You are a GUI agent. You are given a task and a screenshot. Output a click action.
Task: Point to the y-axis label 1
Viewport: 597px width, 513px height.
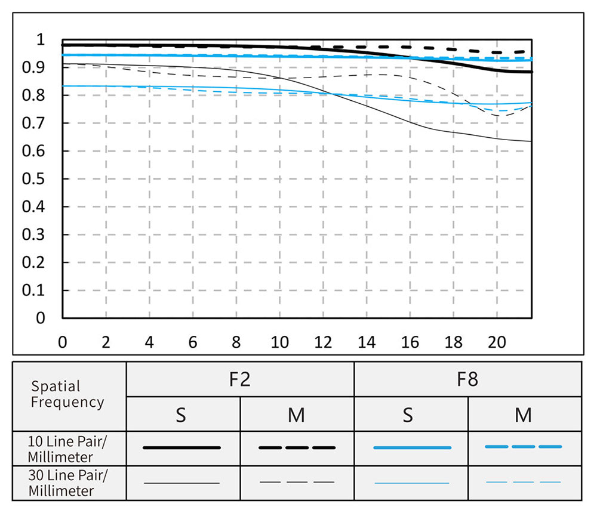pyautogui.click(x=41, y=40)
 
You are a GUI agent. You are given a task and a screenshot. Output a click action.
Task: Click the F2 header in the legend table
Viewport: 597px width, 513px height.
pyautogui.click(x=239, y=379)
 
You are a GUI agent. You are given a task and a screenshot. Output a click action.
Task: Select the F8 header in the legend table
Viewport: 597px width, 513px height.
pyautogui.click(x=467, y=379)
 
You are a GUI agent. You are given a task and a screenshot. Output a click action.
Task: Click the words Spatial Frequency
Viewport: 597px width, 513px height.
pyautogui.click(x=67, y=394)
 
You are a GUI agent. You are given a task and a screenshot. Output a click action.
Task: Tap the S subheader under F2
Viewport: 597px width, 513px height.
pyautogui.click(x=181, y=415)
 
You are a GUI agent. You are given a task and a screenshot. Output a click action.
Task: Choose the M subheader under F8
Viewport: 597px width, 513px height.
pyautogui.click(x=524, y=415)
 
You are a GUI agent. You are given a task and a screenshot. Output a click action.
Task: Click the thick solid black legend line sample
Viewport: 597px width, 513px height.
pyautogui.click(x=182, y=447)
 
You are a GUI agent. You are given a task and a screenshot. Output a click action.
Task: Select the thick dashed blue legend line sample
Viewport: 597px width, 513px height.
pyautogui.click(x=524, y=446)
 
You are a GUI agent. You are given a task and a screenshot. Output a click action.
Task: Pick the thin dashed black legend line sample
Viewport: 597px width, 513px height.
pyautogui.click(x=297, y=482)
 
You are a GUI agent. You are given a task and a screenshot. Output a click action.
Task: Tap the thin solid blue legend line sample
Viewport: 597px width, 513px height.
pyautogui.click(x=411, y=483)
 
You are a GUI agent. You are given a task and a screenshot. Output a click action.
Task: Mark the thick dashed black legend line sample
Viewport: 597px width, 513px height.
pyautogui.click(x=297, y=447)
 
